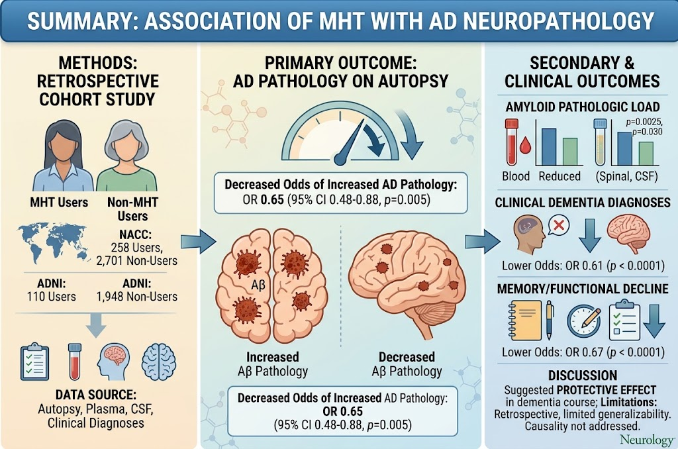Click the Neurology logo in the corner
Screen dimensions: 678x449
pyautogui.click(x=647, y=440)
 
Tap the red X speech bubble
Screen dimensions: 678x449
pyautogui.click(x=559, y=225)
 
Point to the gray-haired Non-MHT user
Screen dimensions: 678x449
pyautogui.click(x=126, y=156)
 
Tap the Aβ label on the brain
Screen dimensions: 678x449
pyautogui.click(x=258, y=285)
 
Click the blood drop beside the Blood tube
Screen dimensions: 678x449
pyautogui.click(x=525, y=145)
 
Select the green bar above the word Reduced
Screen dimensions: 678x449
pyautogui.click(x=570, y=152)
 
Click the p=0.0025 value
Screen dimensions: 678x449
pyautogui.click(x=644, y=123)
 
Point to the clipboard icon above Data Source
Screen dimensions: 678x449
pyautogui.click(x=34, y=362)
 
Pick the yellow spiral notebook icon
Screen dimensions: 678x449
pyautogui.click(x=525, y=321)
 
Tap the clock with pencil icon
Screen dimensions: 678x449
pyautogui.click(x=584, y=321)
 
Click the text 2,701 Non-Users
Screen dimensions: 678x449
pyautogui.click(x=136, y=261)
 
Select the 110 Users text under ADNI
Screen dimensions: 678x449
pyautogui.click(x=51, y=297)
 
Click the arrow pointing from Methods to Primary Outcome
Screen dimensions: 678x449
pyautogui.click(x=198, y=241)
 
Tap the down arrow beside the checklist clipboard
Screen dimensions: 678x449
pyautogui.click(x=655, y=321)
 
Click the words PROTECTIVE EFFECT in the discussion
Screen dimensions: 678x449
pyautogui.click(x=606, y=390)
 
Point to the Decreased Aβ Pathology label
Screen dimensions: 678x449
pyautogui.click(x=407, y=364)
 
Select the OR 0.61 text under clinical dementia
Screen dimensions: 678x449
pyautogui.click(x=584, y=265)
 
